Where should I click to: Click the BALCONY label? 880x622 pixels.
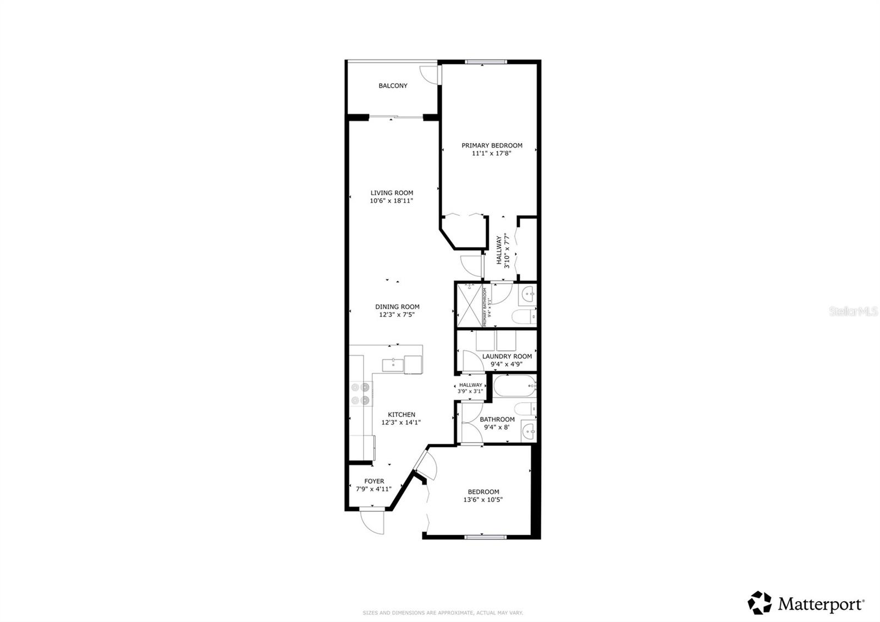click(x=393, y=86)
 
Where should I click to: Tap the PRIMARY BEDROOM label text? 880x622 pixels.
click(x=492, y=145)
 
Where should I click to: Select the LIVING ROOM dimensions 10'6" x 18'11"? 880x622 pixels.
click(x=392, y=201)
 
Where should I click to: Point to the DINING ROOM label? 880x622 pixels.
click(x=397, y=307)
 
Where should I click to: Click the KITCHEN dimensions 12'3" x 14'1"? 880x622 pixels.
click(x=402, y=423)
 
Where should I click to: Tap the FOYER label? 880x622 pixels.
click(x=374, y=481)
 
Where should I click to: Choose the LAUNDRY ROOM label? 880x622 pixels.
click(x=507, y=356)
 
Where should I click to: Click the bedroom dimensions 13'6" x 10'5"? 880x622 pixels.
click(x=483, y=500)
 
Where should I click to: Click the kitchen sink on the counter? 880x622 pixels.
click(x=393, y=364)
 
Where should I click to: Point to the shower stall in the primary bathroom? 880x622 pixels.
click(x=469, y=305)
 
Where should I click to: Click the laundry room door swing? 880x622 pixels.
click(x=472, y=362)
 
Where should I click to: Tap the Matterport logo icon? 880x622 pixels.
click(x=760, y=603)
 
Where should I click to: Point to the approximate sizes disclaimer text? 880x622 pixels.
click(x=442, y=612)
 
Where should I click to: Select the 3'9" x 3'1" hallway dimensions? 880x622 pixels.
click(x=470, y=391)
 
